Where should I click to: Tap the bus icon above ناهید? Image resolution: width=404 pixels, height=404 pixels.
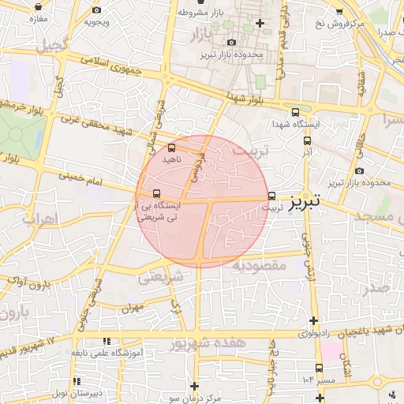[172, 148]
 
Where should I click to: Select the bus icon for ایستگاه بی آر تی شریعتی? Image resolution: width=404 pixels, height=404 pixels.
[156, 193]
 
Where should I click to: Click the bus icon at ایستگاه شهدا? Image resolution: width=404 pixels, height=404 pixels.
[296, 113]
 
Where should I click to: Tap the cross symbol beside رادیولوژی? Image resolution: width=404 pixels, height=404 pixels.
[315, 321]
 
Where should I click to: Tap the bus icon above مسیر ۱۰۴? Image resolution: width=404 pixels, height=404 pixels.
[319, 368]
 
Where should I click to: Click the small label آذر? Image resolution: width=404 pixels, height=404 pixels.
[307, 150]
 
